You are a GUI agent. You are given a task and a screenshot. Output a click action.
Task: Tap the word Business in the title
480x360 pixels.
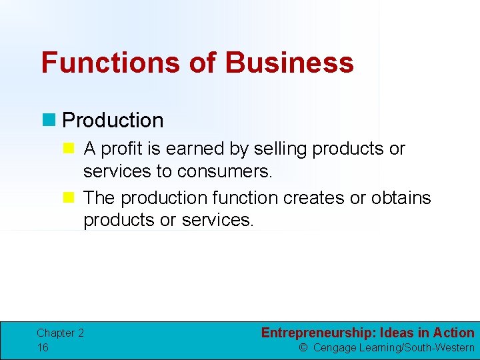tap(289, 63)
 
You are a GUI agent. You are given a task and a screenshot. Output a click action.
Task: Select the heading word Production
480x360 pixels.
tap(113, 121)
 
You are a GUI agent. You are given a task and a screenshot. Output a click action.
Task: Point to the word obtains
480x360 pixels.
tap(401, 198)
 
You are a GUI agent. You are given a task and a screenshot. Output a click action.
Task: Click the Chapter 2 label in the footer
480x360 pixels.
tap(60, 333)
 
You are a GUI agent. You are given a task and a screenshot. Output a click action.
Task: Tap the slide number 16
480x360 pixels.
tap(43, 347)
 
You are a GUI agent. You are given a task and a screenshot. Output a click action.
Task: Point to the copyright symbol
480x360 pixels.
tap(303, 348)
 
